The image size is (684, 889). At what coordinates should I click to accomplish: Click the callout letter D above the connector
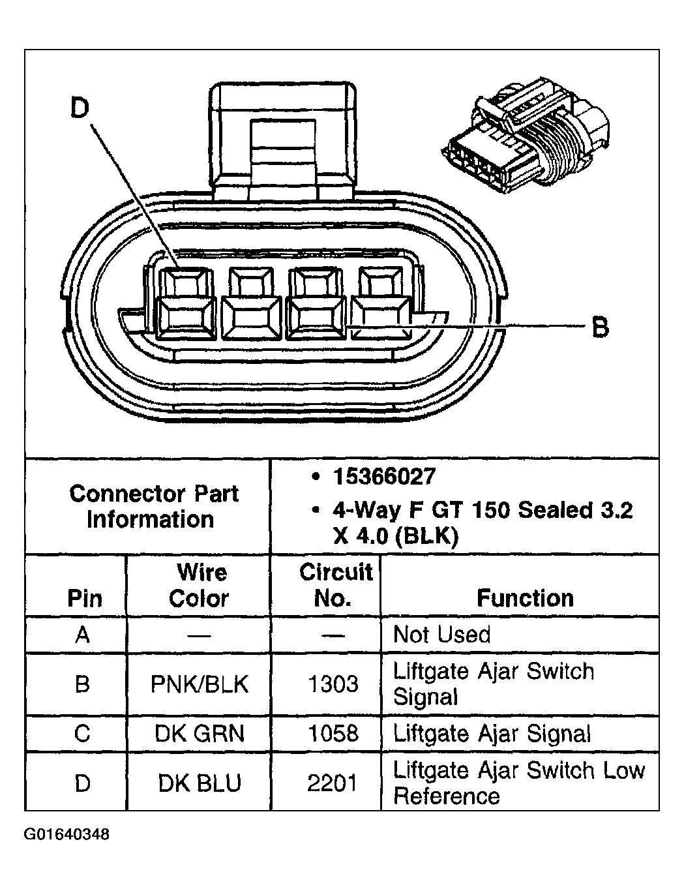(x=80, y=108)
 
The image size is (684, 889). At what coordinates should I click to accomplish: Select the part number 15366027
(x=383, y=477)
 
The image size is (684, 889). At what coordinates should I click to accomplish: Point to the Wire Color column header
(x=200, y=585)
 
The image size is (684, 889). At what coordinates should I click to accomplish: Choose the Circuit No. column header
(x=335, y=585)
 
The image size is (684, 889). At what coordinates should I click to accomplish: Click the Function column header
(x=525, y=597)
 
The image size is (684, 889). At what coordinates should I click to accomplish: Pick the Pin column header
(x=84, y=598)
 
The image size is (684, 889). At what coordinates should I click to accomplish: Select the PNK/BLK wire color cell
(x=200, y=684)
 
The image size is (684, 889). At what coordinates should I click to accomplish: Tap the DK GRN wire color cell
(x=200, y=733)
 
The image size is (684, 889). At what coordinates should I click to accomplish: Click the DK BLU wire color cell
(x=200, y=783)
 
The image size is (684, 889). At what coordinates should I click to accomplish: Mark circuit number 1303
(x=333, y=684)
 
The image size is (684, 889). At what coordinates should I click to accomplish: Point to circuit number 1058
(x=333, y=733)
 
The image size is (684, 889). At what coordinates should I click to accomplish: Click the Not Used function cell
(x=441, y=634)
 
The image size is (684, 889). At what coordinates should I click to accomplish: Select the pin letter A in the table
(x=82, y=634)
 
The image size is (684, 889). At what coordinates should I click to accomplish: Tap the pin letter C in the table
(x=82, y=733)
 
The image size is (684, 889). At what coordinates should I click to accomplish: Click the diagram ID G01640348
(x=67, y=834)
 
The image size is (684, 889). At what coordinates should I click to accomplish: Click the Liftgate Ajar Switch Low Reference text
(x=518, y=783)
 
